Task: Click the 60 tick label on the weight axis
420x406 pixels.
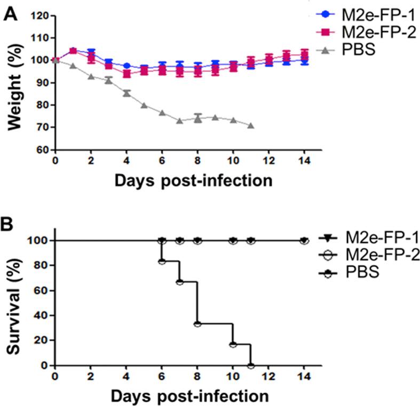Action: [43, 150]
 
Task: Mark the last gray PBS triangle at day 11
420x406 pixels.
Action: [250, 126]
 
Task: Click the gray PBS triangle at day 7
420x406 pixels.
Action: [179, 121]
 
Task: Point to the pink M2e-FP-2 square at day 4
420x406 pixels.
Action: [126, 74]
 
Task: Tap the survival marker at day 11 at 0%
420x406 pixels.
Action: [250, 365]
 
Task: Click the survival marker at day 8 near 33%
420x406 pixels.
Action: [197, 324]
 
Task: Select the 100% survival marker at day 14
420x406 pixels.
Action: [304, 241]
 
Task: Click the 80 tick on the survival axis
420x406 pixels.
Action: [43, 265]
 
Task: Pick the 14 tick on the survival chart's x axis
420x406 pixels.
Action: [304, 376]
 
